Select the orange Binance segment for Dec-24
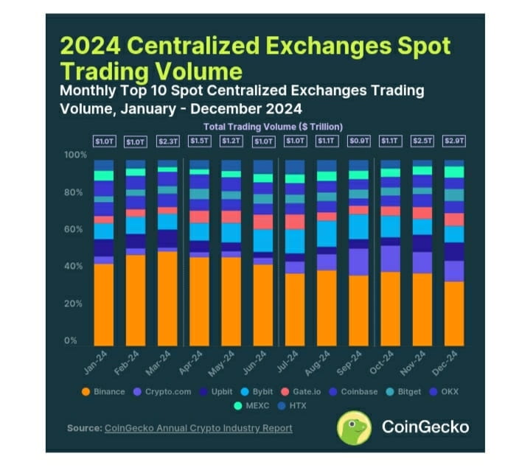pos(454,313)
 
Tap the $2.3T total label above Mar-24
pos(167,141)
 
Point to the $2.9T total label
pos(454,141)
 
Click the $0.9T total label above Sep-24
pos(358,141)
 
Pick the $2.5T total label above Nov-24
pos(422,141)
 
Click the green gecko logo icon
pos(353,428)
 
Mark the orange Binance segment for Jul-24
pos(295,309)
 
